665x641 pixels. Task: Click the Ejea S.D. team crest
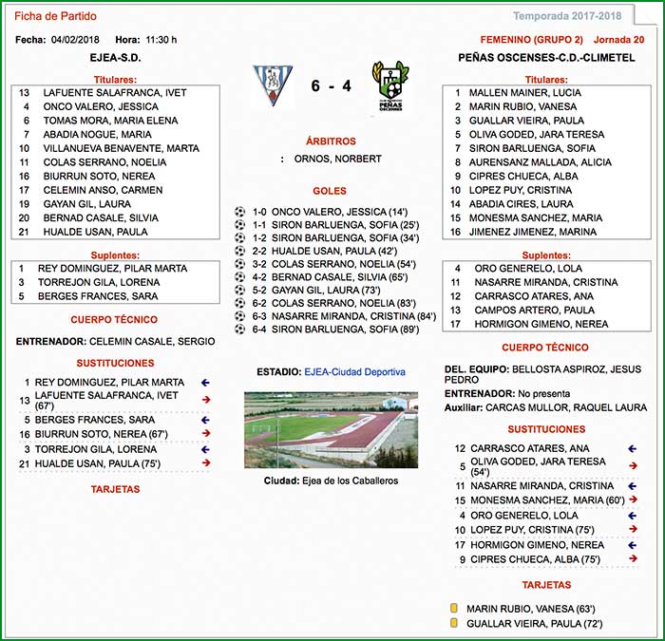coord(273,85)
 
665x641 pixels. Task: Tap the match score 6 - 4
coord(331,86)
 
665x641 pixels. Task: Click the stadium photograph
coord(332,430)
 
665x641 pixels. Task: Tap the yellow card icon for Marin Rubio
coord(454,609)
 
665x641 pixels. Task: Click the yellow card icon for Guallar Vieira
coord(454,624)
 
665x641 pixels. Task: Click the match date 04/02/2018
coord(74,40)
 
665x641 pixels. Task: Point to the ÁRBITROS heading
coord(332,141)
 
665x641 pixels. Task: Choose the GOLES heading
coord(332,191)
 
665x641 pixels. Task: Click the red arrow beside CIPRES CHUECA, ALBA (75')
coord(634,560)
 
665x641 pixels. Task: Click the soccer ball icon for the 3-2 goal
coord(239,263)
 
